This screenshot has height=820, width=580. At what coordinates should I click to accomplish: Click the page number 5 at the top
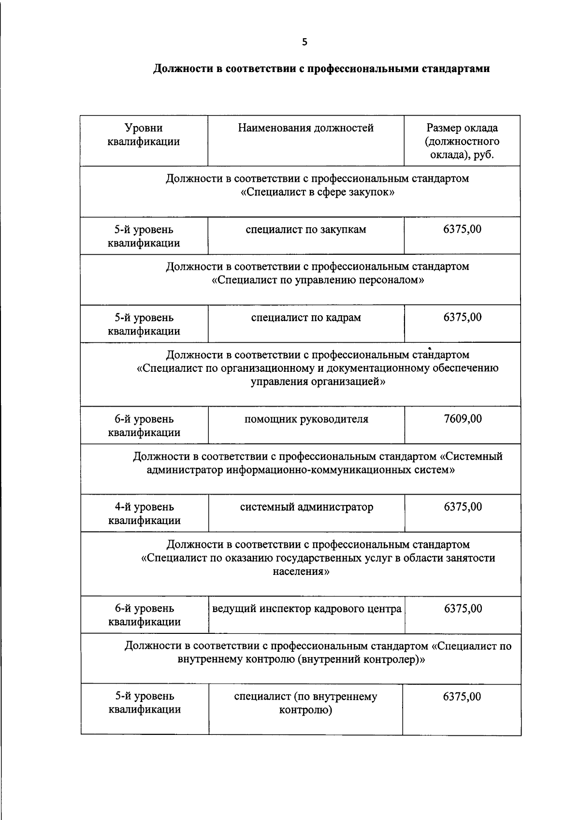point(304,42)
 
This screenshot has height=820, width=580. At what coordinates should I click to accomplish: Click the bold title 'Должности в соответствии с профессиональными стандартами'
point(321,69)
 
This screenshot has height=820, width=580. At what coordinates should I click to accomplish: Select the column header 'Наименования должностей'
point(305,128)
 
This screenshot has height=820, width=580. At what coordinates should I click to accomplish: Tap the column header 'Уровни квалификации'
point(144,135)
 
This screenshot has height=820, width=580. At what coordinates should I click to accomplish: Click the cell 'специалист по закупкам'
point(305,230)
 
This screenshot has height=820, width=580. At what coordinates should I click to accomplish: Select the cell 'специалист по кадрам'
point(305,318)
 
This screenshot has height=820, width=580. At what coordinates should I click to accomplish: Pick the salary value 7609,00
point(462,419)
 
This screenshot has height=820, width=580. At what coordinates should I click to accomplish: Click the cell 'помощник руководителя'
point(306,419)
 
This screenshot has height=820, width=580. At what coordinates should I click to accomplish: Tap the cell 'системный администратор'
point(306,507)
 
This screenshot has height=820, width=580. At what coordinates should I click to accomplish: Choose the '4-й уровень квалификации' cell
point(144,513)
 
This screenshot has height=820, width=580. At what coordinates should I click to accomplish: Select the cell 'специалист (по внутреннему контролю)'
point(305,703)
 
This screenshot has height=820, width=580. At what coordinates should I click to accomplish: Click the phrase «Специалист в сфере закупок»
point(317,192)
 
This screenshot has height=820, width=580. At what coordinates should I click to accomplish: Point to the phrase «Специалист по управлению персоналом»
point(318,280)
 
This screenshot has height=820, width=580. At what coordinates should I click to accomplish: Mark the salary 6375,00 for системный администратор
point(463,507)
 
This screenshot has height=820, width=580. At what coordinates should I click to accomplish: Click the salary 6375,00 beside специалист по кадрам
point(462,318)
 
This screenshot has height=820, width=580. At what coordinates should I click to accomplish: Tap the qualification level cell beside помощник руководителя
point(144,425)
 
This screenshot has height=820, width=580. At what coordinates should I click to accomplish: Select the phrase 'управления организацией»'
point(318,382)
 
